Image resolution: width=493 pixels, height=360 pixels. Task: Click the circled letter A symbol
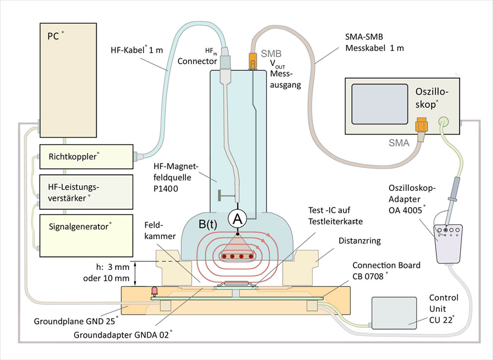pos(238,219)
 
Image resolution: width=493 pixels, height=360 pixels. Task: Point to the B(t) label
pos(209,226)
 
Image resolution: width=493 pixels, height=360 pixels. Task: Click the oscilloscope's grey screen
pos(379,106)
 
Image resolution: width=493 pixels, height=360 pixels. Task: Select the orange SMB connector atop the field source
pos(253,61)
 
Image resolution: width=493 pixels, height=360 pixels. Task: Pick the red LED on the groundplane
pos(155,290)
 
